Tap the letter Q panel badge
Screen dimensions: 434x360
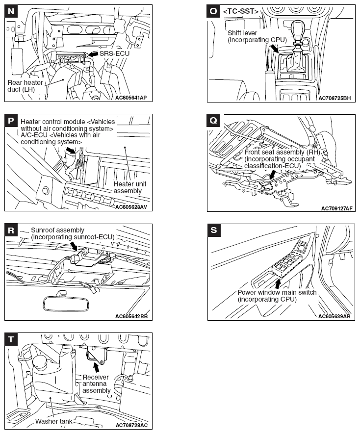pos(213,121)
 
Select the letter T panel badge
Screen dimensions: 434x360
pos(11,339)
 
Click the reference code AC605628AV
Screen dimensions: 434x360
pos(131,207)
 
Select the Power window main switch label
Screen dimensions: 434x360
pos(277,296)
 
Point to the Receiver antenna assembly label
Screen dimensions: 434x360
pos(96,383)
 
